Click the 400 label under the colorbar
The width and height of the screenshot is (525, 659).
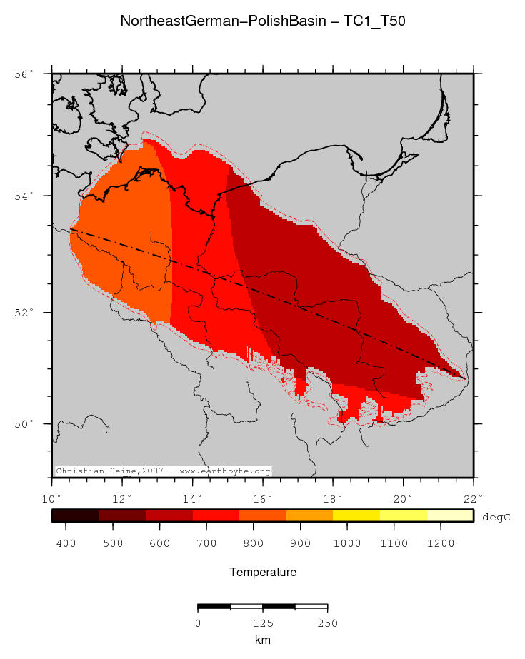66,543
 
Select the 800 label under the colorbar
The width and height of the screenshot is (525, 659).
253,543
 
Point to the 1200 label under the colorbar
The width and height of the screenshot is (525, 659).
440,543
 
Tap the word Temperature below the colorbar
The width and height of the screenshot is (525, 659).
262,573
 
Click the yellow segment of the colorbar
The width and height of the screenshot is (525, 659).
356,516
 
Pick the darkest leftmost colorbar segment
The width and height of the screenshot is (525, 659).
75,516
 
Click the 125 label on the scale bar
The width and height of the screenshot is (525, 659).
262,623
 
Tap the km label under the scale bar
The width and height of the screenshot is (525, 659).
262,640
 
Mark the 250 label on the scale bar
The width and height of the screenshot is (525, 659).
327,623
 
